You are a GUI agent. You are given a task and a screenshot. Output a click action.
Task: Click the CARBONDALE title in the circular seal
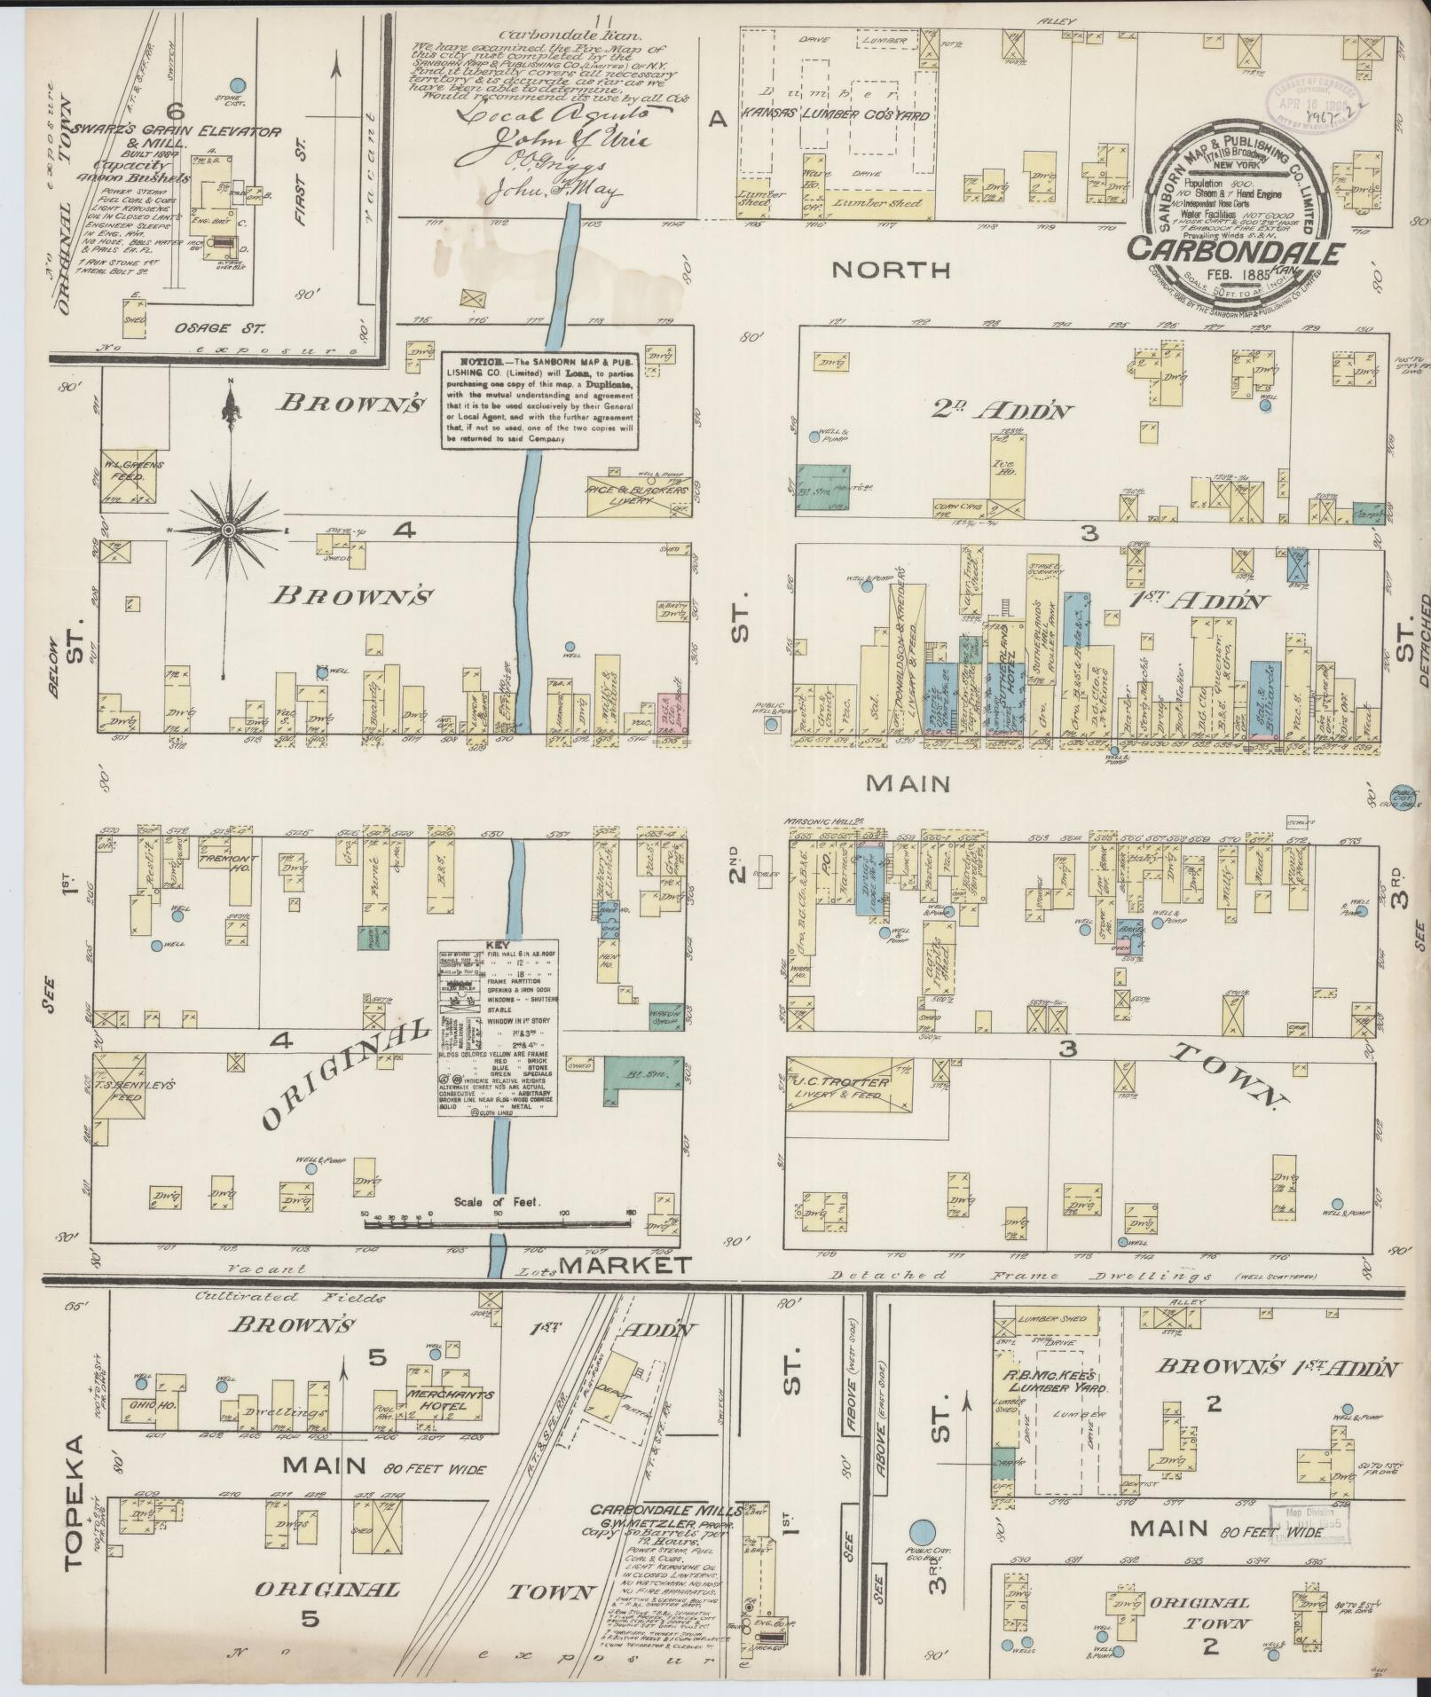coord(1234,251)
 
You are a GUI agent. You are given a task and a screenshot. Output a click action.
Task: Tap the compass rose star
coord(228,530)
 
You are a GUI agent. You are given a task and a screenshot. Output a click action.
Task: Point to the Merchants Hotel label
coord(450,1399)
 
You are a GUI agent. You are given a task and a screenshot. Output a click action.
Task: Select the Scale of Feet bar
coord(497,1223)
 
